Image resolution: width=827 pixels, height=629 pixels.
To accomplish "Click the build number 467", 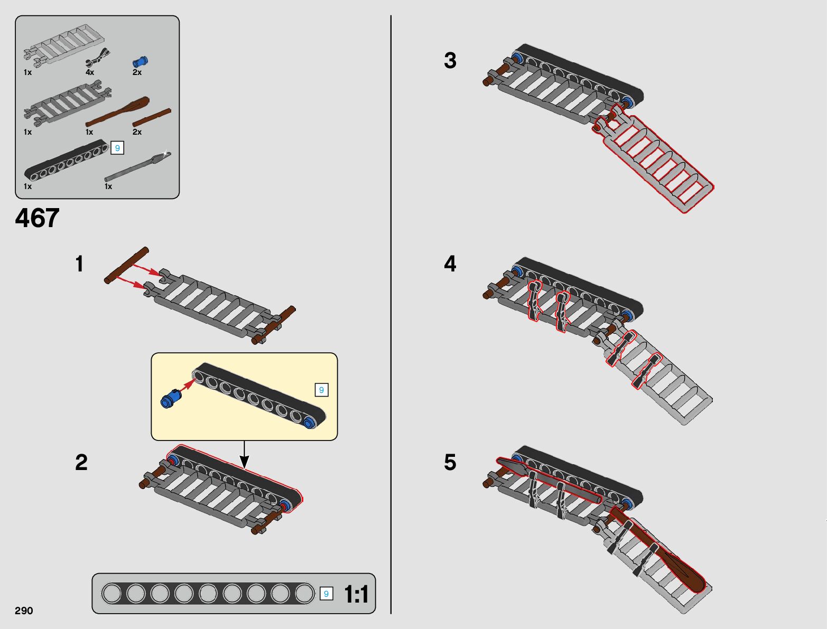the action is click(38, 218).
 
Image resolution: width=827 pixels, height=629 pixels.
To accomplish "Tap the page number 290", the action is click(24, 610).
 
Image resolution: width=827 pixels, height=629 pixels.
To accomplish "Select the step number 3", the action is click(450, 60).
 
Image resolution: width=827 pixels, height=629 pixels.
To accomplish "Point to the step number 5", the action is click(450, 462).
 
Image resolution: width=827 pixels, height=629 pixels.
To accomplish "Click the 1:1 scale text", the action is click(356, 594).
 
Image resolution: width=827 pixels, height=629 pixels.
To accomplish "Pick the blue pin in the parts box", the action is click(141, 61).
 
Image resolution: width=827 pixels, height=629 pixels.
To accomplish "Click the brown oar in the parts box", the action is click(117, 112).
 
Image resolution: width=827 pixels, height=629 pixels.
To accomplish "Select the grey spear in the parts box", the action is click(137, 167).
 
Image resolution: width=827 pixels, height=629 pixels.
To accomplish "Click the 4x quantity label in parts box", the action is click(90, 72).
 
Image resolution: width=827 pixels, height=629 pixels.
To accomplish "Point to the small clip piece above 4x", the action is click(98, 57).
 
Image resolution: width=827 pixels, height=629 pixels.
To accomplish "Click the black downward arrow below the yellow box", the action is click(245, 455).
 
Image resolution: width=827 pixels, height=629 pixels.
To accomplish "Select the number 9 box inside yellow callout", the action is click(321, 390).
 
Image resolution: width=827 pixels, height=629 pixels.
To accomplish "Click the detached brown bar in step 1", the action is click(126, 265).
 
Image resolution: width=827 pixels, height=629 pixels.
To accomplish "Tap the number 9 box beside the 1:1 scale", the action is click(326, 594).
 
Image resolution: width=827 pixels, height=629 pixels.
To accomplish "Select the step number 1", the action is click(79, 264).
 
